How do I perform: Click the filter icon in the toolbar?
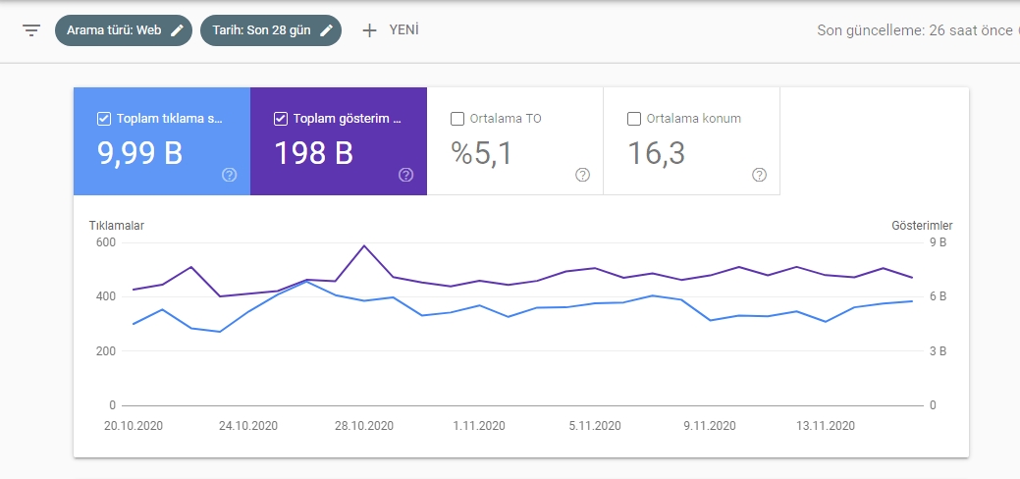pyautogui.click(x=31, y=30)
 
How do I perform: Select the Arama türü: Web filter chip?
pyautogui.click(x=124, y=30)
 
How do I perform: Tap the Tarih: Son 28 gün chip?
pyautogui.click(x=271, y=30)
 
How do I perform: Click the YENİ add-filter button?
pyautogui.click(x=391, y=30)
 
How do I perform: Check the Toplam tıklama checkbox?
pyautogui.click(x=103, y=119)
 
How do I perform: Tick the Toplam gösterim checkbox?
pyautogui.click(x=281, y=119)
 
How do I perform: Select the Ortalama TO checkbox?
pyautogui.click(x=457, y=119)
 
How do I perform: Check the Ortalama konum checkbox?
pyautogui.click(x=634, y=119)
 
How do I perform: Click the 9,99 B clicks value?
pyautogui.click(x=139, y=153)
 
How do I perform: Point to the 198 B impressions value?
pyautogui.click(x=313, y=153)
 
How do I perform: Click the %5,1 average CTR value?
pyautogui.click(x=482, y=154)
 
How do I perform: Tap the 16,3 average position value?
pyautogui.click(x=656, y=154)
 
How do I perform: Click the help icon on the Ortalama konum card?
pyautogui.click(x=759, y=175)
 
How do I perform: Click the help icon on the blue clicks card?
pyautogui.click(x=229, y=175)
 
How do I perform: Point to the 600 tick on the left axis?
pyautogui.click(x=105, y=242)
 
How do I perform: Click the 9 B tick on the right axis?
pyautogui.click(x=938, y=242)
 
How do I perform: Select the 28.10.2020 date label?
pyautogui.click(x=364, y=426)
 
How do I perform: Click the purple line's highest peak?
pyautogui.click(x=364, y=246)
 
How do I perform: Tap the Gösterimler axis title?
pyautogui.click(x=922, y=226)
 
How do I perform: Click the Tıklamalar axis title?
pyautogui.click(x=117, y=226)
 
